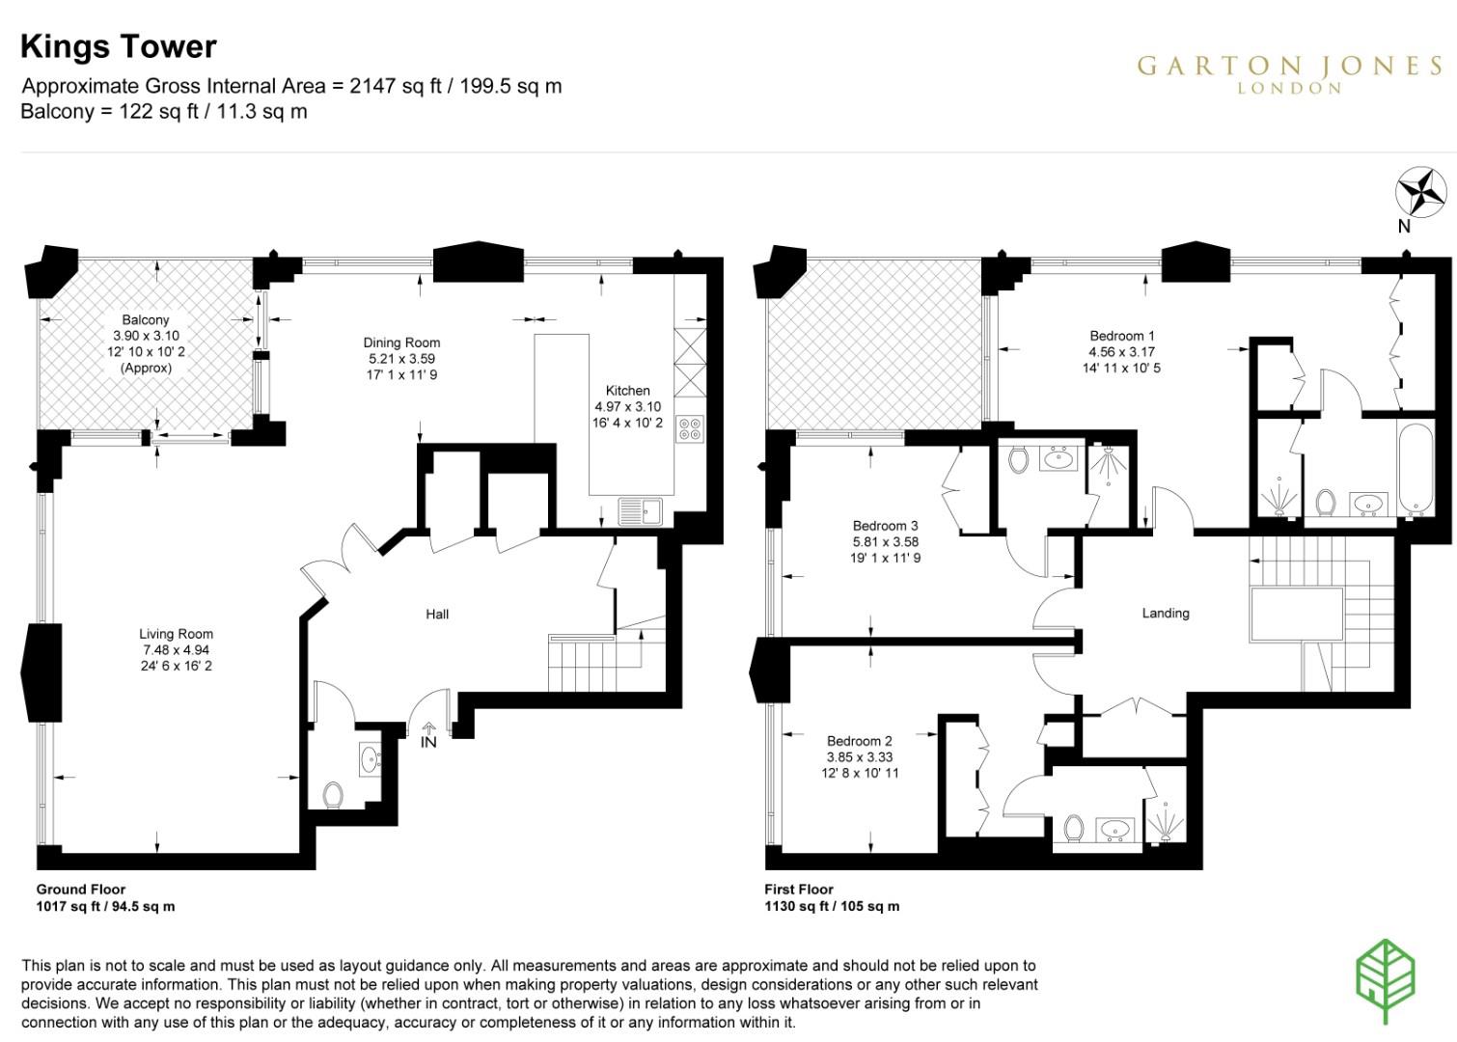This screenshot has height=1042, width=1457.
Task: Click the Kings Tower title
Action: tap(119, 46)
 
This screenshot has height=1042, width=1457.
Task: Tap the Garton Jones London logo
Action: tap(1289, 73)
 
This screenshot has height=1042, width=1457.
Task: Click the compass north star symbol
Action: tap(1420, 192)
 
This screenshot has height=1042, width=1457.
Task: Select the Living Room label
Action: tap(176, 634)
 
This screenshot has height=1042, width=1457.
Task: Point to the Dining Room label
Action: tap(401, 343)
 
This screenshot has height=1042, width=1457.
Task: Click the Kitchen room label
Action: tap(627, 391)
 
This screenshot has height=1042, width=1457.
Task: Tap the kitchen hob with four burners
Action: tap(690, 427)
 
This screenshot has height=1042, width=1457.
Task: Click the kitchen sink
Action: tap(639, 510)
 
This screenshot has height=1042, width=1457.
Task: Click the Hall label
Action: tap(437, 614)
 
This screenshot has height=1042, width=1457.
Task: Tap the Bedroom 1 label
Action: tap(1121, 336)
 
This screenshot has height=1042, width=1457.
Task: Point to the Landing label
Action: tap(1166, 613)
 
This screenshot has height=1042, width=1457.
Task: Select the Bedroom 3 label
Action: tap(885, 526)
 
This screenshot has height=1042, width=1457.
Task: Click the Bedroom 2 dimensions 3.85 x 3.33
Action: tap(859, 757)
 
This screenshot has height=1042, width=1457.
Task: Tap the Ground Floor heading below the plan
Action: tap(81, 890)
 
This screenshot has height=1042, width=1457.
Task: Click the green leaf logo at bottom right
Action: tap(1386, 978)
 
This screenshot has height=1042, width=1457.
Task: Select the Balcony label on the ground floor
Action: tap(146, 319)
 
